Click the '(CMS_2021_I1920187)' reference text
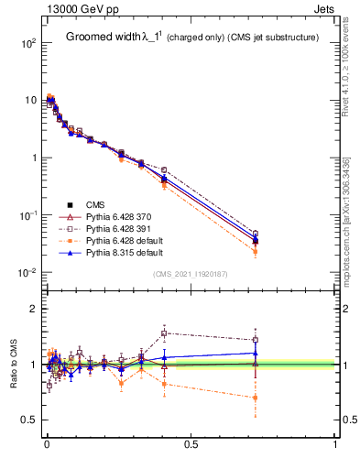191,274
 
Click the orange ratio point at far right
256,398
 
